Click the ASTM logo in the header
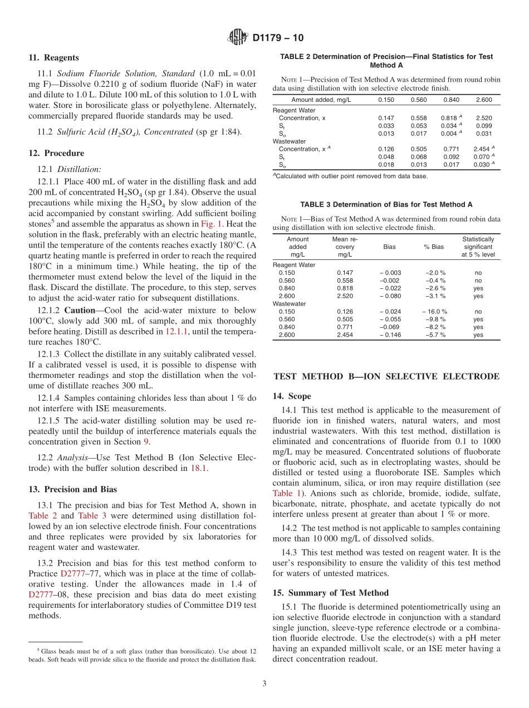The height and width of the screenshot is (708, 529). pos(238,38)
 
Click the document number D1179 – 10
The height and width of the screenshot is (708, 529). pos(278,38)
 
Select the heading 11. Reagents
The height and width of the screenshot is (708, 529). pos(53,57)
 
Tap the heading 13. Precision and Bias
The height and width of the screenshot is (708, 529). pos(73,489)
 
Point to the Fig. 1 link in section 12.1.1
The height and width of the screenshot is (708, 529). pos(211,224)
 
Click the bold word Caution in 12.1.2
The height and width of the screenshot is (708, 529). pos(79,310)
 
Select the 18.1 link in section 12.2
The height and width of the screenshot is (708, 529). pos(199,468)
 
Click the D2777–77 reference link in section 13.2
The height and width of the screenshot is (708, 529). pos(72,573)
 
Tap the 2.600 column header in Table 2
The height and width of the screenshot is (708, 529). pos(484,100)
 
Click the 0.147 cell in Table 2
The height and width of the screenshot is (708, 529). pos(386,118)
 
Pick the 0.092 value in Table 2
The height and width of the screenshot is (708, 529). pos(451,157)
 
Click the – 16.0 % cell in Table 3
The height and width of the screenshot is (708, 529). pos(434,312)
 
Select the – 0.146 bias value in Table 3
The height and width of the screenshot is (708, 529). pos(390,335)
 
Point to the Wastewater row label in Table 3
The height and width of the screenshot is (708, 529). pos(289,304)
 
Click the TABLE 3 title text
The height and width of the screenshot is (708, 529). pos(386,204)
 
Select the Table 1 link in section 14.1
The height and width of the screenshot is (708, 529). pos(286,493)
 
